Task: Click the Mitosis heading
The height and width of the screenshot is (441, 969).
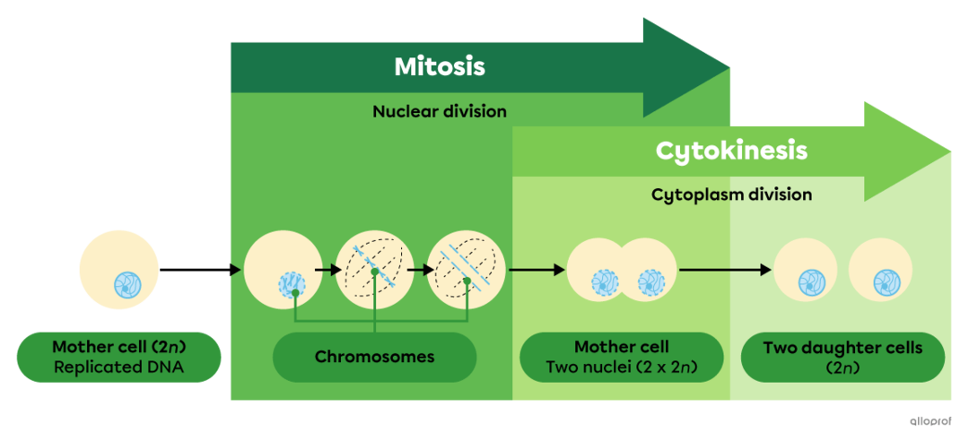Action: [x=440, y=67]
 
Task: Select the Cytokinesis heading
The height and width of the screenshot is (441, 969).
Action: [x=731, y=151]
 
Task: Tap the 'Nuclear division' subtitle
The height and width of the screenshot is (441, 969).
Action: [x=440, y=112]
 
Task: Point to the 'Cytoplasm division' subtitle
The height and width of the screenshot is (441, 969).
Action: [x=731, y=195]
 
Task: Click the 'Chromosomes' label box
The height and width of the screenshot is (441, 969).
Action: [x=374, y=357]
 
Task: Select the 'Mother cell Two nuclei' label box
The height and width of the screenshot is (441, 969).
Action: [x=621, y=357]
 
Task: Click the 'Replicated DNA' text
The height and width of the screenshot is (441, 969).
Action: [x=118, y=367]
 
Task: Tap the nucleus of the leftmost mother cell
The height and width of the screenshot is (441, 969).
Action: [x=127, y=285]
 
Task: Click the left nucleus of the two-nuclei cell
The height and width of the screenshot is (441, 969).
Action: [x=604, y=283]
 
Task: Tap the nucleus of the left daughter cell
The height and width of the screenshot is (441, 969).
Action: [x=813, y=281]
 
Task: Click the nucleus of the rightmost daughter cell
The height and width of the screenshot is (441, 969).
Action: [x=887, y=281]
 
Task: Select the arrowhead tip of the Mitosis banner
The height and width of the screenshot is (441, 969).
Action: [x=729, y=66]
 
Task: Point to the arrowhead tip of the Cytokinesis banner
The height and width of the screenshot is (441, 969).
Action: [x=949, y=150]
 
